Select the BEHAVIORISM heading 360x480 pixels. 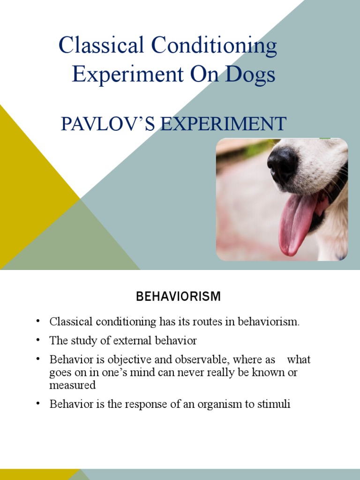[178, 296]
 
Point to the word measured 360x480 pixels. [73, 385]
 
